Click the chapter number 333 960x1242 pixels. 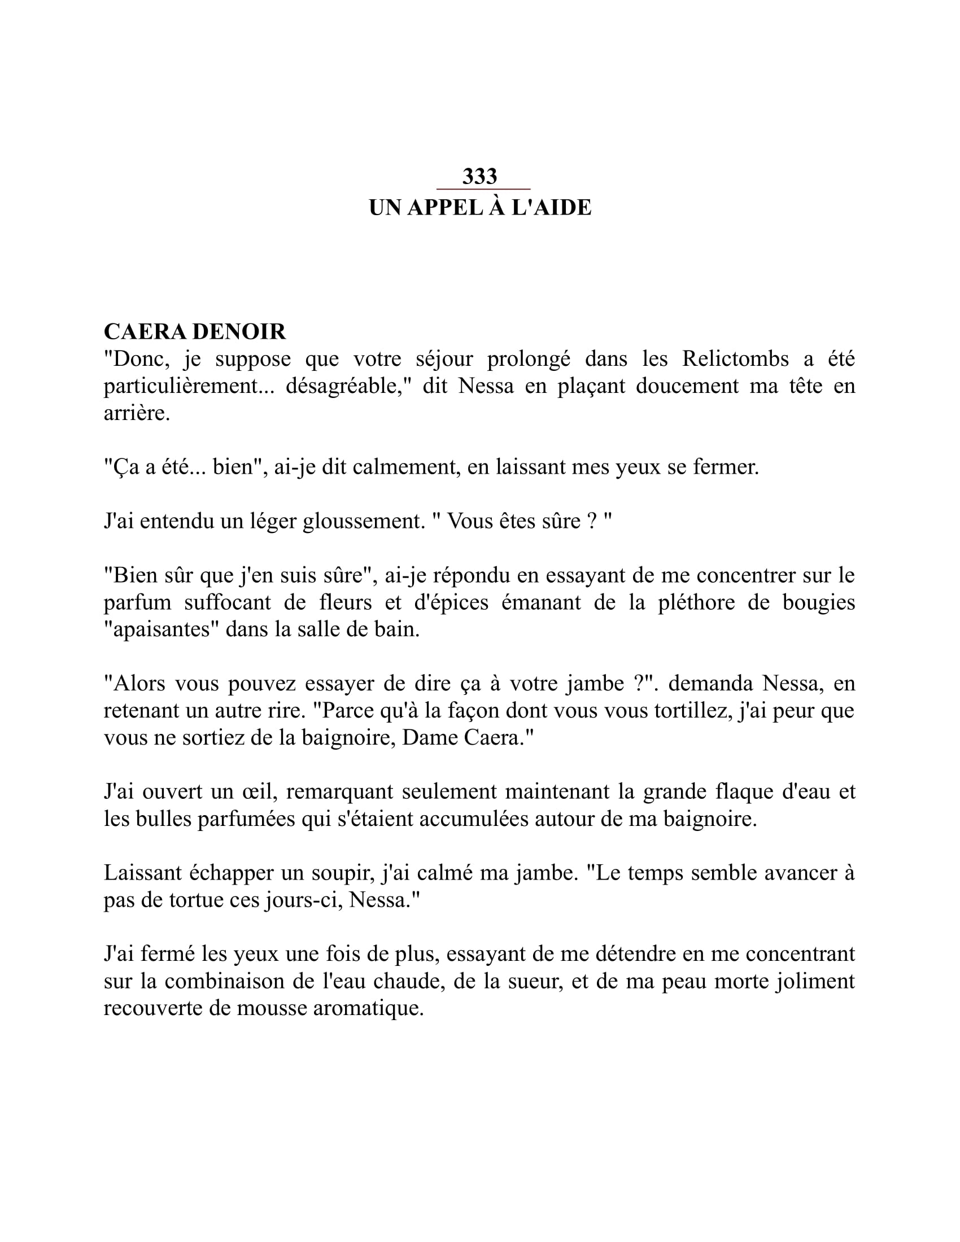479,176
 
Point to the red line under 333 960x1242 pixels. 483,189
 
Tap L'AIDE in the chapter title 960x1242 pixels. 551,208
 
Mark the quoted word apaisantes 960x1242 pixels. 162,629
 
